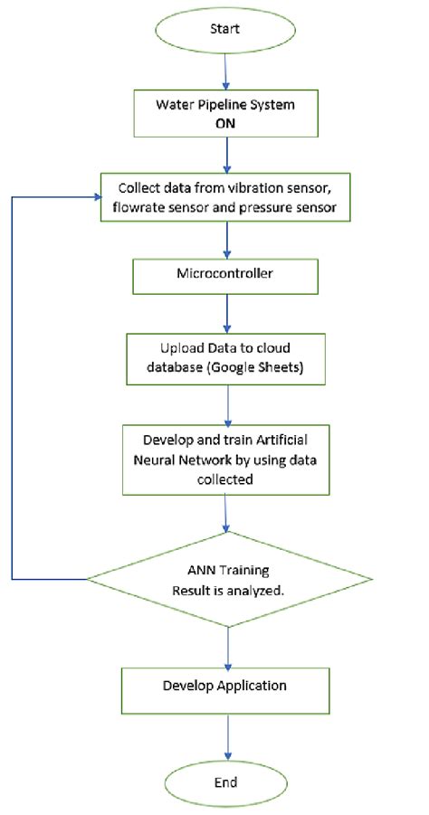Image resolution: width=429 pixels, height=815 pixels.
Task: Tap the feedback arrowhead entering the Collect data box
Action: [x=99, y=196]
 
